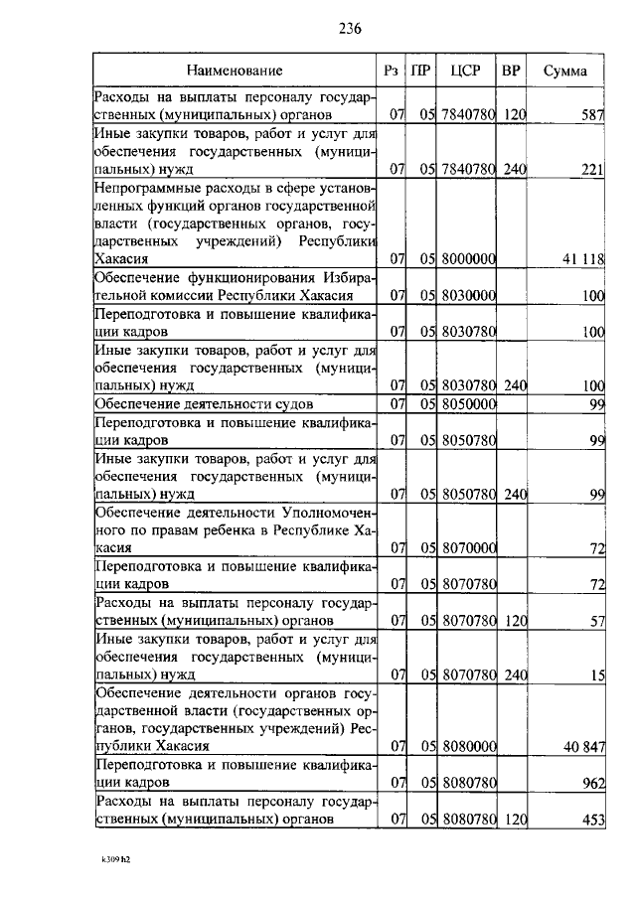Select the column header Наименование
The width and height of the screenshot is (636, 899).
(235, 71)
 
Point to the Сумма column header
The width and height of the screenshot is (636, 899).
(564, 71)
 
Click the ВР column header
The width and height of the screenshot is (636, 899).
(511, 71)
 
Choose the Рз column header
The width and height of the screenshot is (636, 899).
(392, 71)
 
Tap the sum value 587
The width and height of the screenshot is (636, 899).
(593, 115)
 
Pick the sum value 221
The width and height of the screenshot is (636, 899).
(593, 170)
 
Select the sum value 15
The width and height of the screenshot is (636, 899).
(597, 675)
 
